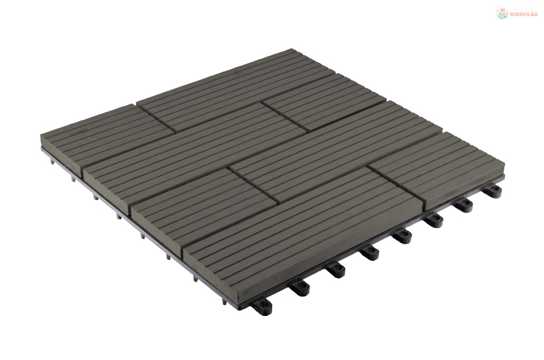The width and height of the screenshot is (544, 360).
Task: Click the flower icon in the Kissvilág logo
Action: [501, 14]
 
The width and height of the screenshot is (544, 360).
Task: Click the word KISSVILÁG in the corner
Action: [524, 14]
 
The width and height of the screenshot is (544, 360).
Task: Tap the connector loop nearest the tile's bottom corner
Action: [262, 306]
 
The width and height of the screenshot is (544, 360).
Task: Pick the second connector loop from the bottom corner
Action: [300, 287]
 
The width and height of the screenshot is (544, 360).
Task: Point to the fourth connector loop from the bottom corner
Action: [370, 253]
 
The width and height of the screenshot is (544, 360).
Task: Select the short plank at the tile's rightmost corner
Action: [438, 169]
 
